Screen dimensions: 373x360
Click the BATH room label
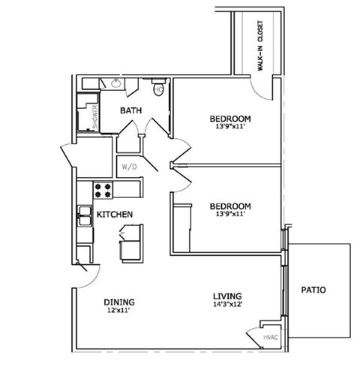click(132, 111)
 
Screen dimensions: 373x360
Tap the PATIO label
click(313, 289)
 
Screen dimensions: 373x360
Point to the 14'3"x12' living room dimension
click(226, 304)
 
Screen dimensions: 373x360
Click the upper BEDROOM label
click(229, 119)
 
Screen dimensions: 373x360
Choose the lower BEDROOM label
click(229, 206)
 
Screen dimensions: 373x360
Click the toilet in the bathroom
click(158, 90)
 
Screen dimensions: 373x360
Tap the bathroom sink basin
click(117, 85)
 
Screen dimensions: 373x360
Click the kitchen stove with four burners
click(103, 189)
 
